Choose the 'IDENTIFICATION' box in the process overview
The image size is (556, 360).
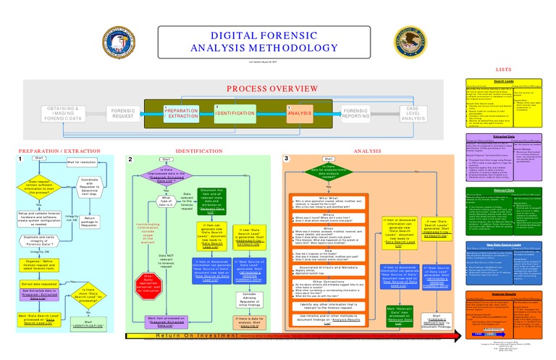tap(240, 114)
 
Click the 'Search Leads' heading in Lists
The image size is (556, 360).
tap(504, 81)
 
